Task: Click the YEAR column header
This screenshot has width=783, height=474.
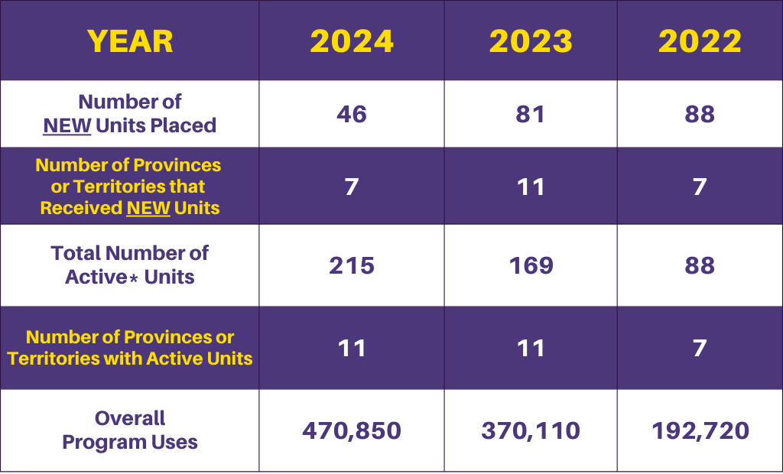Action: pos(130,41)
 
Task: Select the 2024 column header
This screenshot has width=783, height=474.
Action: pos(352,41)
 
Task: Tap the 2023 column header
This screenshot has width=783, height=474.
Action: pos(531,41)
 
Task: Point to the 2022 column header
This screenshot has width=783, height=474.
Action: pos(700,41)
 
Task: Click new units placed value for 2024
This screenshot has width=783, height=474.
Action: pos(352,114)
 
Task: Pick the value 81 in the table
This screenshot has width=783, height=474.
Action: pos(531,114)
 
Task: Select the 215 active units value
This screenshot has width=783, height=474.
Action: pos(352,265)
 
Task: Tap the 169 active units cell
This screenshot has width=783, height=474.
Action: pos(531,265)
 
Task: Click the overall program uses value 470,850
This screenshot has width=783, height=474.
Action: pos(352,430)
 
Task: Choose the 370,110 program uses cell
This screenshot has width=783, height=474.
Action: pos(531,430)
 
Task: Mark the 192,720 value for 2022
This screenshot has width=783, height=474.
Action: pos(700,430)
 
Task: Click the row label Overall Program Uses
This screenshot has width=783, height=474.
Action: pos(130,430)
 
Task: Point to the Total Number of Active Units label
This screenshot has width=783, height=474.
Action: pos(130,265)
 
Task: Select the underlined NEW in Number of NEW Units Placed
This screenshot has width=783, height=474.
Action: pos(67,125)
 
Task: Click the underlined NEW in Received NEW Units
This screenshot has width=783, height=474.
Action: pos(148,208)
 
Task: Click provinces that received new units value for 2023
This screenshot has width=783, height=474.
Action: pos(531,187)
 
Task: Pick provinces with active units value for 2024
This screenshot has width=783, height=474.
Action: pos(352,348)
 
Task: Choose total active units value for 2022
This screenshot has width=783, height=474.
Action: pos(700,265)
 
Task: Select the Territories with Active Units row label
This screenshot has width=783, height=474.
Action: pos(130,358)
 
